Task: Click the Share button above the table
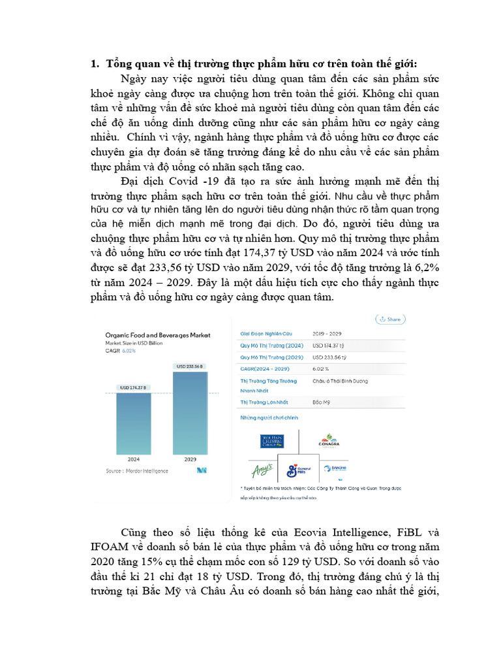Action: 390,319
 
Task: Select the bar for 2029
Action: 189,412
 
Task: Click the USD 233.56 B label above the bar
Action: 189,367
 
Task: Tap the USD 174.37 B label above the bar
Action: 133,387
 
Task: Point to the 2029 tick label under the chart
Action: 189,459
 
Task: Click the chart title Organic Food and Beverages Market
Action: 158,335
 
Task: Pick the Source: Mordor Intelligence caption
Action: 137,470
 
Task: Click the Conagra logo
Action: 328,441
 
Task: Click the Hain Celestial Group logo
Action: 261,441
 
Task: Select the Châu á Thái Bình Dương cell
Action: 340,380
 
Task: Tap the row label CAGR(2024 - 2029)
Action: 266,368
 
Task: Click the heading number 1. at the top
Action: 93,63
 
